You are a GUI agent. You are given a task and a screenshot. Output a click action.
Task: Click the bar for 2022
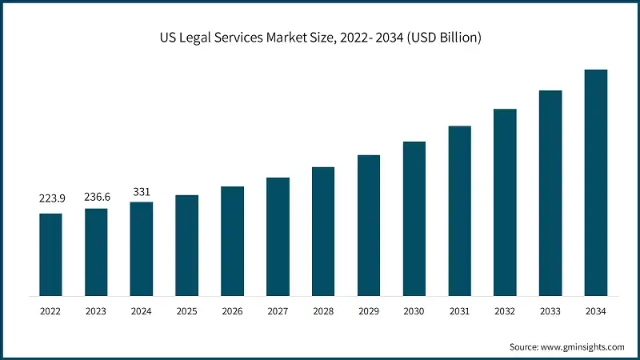click(50, 254)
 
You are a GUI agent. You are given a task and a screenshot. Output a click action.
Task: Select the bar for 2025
click(186, 245)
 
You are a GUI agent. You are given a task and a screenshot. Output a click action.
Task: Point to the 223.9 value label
click(50, 198)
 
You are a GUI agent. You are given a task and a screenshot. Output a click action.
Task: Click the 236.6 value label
click(96, 194)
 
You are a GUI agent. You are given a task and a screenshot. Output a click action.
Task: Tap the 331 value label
click(141, 192)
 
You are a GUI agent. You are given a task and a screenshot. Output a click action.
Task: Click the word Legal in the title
click(202, 38)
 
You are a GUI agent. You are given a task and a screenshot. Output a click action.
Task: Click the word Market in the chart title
click(289, 38)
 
